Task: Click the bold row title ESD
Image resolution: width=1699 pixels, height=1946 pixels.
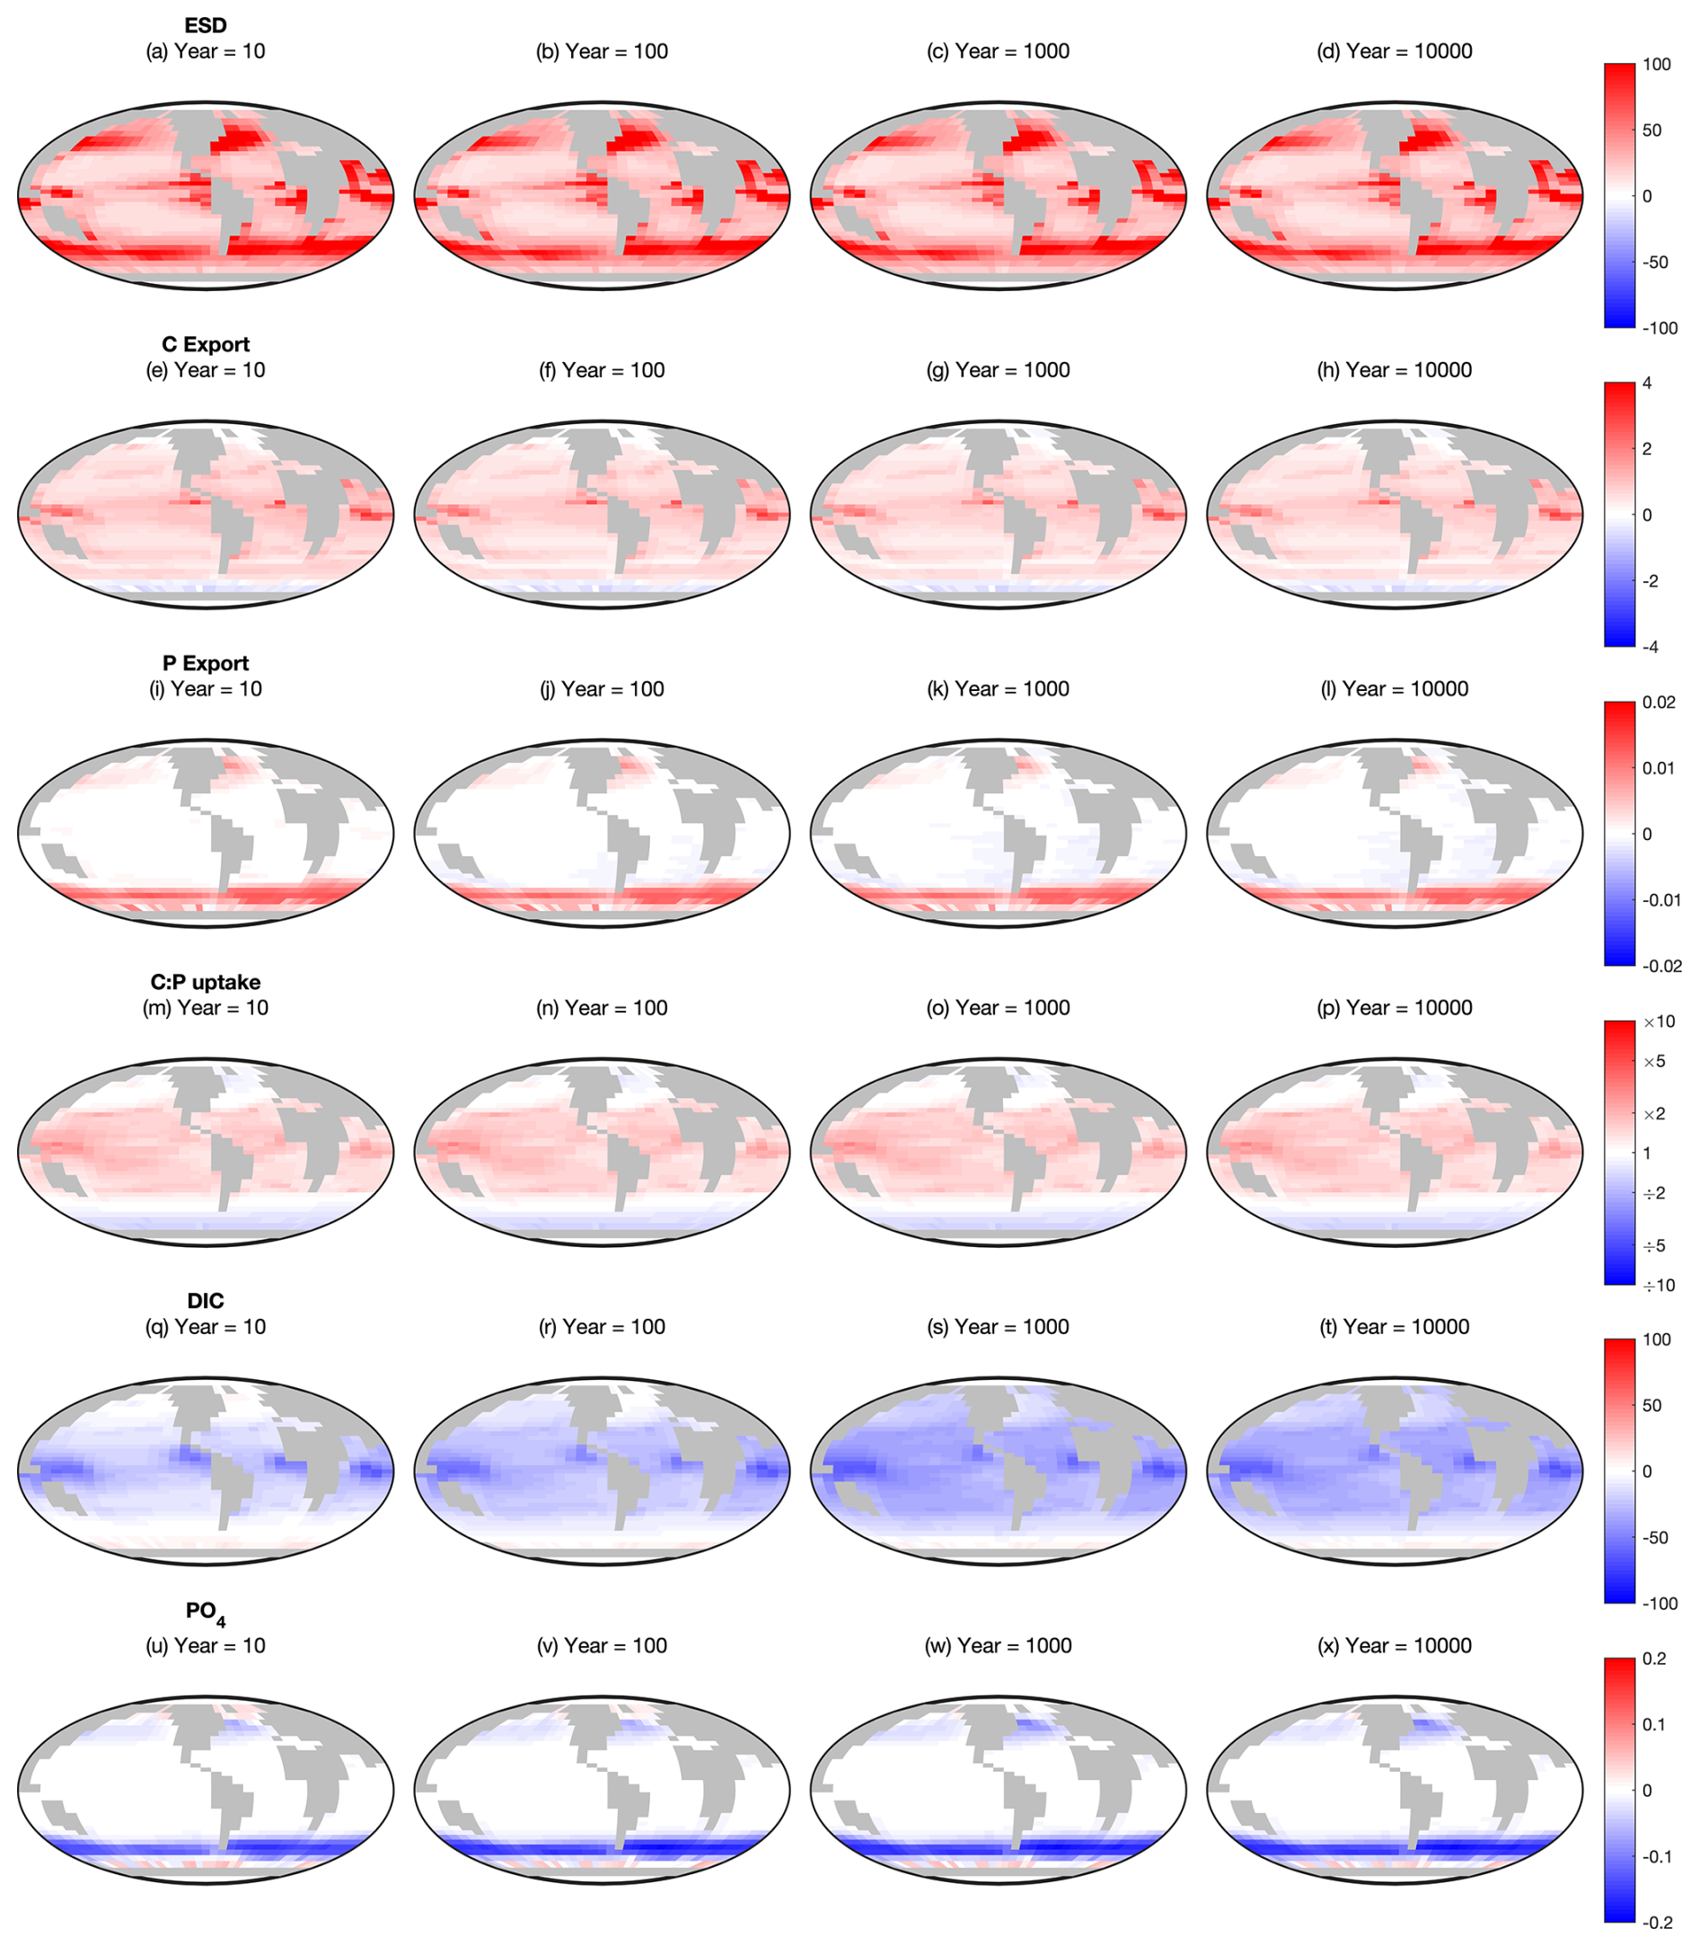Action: pos(206,25)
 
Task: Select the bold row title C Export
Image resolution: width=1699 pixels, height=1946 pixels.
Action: pos(206,344)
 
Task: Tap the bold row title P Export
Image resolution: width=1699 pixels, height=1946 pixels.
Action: pos(206,663)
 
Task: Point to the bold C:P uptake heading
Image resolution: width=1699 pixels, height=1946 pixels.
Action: pos(206,981)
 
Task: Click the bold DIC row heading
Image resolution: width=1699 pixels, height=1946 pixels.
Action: pos(206,1300)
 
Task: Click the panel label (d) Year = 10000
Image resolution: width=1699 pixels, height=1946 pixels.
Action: pos(1395,51)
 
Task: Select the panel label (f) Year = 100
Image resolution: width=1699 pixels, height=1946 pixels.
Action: pos(602,370)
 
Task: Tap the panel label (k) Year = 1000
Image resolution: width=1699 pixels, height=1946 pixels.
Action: pos(999,688)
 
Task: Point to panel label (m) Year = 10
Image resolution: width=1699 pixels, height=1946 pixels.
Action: pos(206,1007)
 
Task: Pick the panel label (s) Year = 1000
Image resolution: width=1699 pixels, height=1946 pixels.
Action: pos(999,1326)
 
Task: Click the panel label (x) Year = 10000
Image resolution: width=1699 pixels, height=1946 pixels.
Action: pos(1395,1644)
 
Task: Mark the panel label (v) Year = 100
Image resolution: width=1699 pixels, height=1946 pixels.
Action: pos(602,1644)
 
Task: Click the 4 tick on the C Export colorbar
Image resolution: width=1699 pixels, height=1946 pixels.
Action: pos(1647,383)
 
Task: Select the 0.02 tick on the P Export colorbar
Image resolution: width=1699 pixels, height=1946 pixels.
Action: pos(1659,702)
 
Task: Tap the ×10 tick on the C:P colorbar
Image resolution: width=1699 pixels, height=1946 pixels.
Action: pos(1659,1022)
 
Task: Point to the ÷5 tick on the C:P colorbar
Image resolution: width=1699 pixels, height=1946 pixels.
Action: pos(1654,1245)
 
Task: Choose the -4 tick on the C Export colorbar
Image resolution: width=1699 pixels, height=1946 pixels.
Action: pos(1651,647)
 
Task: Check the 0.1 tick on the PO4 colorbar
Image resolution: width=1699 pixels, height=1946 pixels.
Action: pos(1654,1724)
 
